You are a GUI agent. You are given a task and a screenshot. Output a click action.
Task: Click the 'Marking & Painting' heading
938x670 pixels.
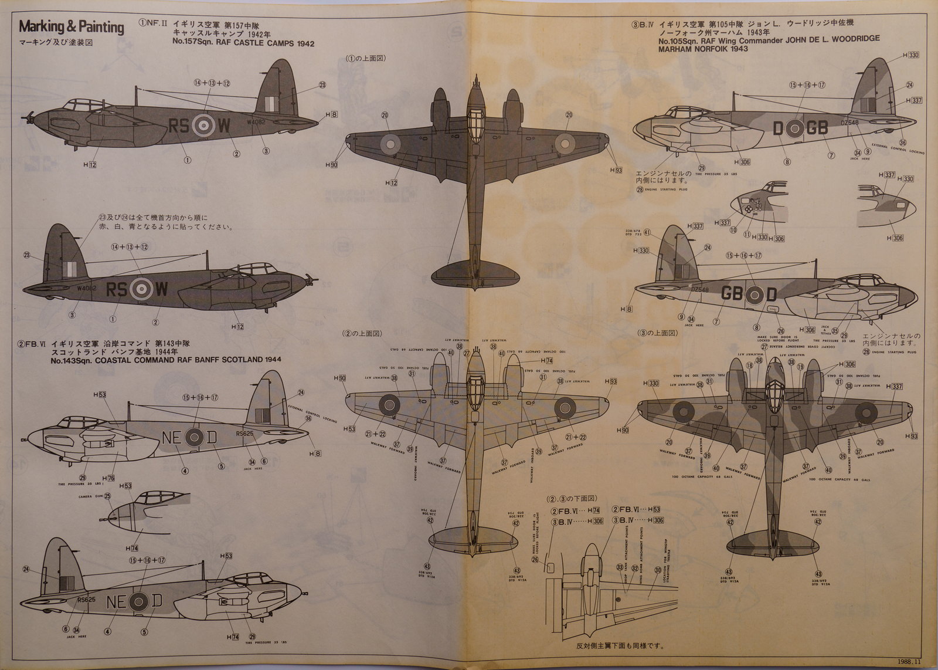coord(72,27)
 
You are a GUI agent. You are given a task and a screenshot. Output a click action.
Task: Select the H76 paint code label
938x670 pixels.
coord(108,478)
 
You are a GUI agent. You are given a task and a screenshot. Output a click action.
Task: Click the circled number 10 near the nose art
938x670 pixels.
coord(733,231)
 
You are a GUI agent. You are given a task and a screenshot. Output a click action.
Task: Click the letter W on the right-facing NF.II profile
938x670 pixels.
coord(161,289)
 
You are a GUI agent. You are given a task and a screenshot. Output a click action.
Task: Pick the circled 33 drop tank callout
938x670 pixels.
coord(619,568)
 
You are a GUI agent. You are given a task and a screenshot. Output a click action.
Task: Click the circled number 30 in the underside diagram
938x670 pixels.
coord(658,569)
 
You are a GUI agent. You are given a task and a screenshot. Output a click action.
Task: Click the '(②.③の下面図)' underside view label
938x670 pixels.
coord(572,499)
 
